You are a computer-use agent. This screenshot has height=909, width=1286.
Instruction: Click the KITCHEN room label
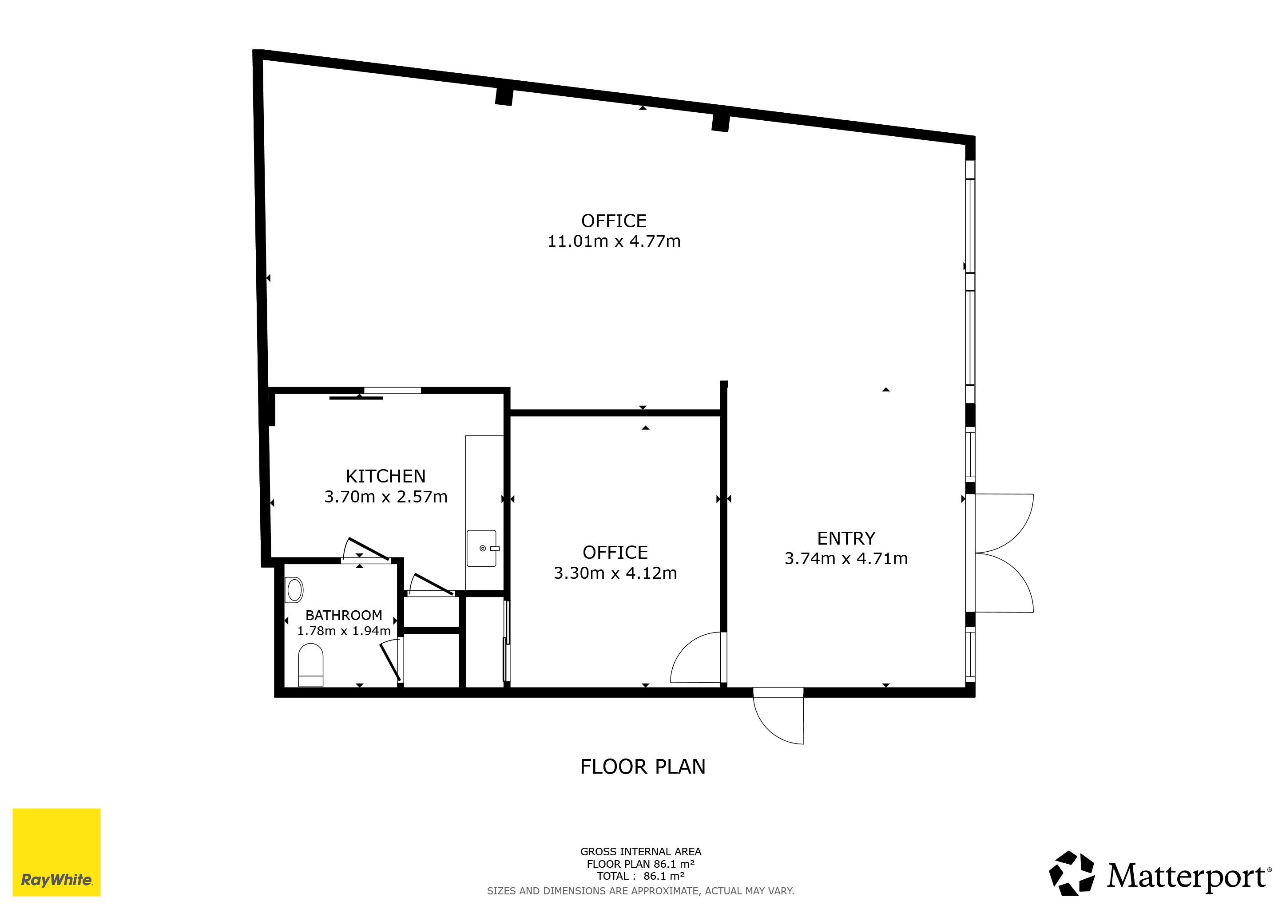click(x=385, y=476)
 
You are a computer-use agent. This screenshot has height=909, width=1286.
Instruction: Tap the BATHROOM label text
click(x=343, y=615)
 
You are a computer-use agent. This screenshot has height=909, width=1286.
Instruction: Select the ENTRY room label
click(x=846, y=538)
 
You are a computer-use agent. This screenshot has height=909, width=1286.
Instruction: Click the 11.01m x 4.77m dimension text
click(x=614, y=241)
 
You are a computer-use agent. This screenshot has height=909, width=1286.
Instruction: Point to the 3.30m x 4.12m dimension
click(x=615, y=573)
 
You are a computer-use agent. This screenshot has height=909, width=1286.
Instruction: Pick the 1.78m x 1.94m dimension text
click(x=343, y=631)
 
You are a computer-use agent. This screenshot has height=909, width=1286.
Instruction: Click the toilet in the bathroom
click(x=310, y=665)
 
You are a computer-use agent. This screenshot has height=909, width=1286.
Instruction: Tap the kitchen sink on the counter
click(x=482, y=549)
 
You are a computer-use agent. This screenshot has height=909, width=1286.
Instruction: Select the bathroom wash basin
click(x=294, y=590)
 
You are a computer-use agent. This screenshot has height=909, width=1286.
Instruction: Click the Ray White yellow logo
click(x=56, y=852)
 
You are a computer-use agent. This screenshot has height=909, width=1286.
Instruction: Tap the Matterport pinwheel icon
click(x=1072, y=873)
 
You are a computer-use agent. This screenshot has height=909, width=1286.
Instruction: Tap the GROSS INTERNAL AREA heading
click(x=641, y=852)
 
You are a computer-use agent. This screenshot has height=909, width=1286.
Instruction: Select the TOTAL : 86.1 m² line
click(x=641, y=876)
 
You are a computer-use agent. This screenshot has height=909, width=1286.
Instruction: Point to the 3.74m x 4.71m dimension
click(x=846, y=559)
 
